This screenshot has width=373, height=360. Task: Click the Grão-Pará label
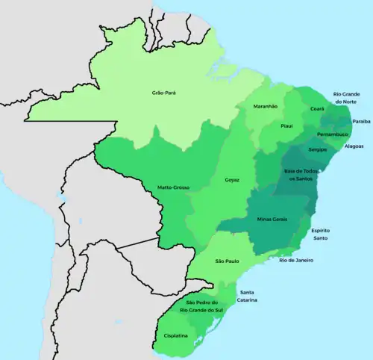[163, 93]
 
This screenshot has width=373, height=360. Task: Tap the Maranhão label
[265, 107]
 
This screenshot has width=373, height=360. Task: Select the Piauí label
[286, 126]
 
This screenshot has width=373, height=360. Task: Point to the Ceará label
[316, 108]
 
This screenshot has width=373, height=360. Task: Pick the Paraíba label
[361, 120]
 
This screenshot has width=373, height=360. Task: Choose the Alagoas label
[354, 147]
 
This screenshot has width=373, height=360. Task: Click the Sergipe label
[318, 149]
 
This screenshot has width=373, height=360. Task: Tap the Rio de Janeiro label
[296, 260]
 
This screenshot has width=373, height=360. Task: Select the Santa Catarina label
[248, 296]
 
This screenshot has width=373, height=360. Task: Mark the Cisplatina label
[176, 336]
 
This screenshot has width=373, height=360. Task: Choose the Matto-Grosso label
[172, 186]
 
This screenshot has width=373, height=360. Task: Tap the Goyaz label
[233, 180]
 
